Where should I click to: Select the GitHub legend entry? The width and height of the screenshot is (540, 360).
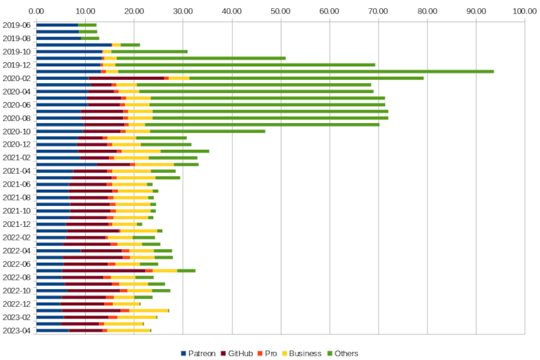click(241, 353)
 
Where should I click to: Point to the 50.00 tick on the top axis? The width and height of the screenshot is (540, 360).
click(280, 11)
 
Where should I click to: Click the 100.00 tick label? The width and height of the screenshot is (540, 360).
click(524, 11)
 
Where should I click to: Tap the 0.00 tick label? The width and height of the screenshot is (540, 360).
click(36, 11)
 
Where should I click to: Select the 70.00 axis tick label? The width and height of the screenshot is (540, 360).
click(378, 11)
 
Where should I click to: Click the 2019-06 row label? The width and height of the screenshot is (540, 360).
click(17, 25)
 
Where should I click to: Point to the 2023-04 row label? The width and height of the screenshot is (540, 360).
click(17, 330)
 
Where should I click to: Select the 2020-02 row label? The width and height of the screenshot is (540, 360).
click(17, 78)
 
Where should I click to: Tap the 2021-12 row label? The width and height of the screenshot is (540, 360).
click(17, 224)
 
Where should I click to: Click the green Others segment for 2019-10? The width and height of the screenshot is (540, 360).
click(149, 51)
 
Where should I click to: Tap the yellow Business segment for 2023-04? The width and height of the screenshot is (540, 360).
click(128, 330)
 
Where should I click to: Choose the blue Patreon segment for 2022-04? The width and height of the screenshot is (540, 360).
click(58, 251)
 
